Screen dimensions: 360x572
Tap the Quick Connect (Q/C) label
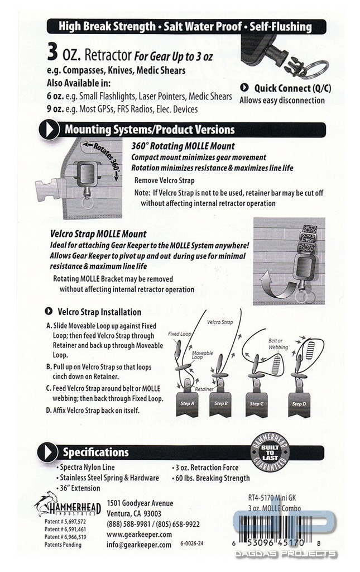[x=292, y=88]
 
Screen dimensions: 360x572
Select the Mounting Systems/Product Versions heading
[x=150, y=130]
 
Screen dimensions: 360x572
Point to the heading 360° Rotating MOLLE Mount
[x=183, y=146]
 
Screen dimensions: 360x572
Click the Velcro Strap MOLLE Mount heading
[x=98, y=234]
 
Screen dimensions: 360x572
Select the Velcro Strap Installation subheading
[x=99, y=312]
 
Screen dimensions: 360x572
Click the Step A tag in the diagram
[x=188, y=404]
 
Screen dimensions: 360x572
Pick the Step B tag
[x=221, y=404]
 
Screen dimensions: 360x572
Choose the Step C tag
[x=257, y=404]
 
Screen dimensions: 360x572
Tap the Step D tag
[x=299, y=404]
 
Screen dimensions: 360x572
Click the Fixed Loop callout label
[x=179, y=333]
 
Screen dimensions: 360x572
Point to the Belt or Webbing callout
[x=278, y=344]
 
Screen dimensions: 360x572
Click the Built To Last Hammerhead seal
[x=270, y=452]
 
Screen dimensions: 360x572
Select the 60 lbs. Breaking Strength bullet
[x=210, y=478]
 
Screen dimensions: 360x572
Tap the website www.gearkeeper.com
[x=139, y=535]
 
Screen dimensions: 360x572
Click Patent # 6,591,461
[x=65, y=529]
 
